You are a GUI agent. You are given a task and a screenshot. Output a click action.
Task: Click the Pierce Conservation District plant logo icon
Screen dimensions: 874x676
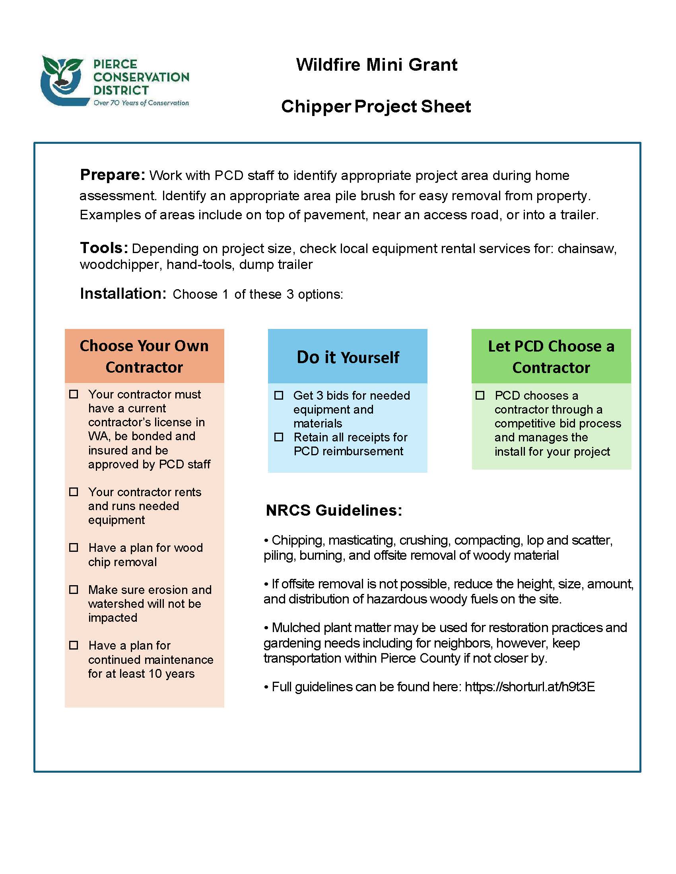coord(63,80)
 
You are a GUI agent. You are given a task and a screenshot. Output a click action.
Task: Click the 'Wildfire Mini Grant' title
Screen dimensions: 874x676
coord(377,65)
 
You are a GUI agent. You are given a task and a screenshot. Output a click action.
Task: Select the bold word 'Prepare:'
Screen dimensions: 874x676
coord(113,175)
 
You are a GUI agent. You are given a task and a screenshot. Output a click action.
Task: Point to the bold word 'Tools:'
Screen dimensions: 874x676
coord(104,248)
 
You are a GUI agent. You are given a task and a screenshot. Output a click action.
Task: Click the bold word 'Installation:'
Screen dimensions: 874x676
coord(123,294)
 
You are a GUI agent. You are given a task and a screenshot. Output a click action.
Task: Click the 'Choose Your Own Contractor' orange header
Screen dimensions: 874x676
coord(144,356)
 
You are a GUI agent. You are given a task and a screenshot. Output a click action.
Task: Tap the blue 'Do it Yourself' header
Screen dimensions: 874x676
coord(348,357)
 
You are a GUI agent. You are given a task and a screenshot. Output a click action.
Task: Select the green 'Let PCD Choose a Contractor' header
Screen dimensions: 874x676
coord(551,357)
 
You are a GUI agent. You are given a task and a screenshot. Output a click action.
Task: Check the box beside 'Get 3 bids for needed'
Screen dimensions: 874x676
coord(279,395)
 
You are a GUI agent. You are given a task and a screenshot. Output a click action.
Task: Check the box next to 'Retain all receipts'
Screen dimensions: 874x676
coord(279,437)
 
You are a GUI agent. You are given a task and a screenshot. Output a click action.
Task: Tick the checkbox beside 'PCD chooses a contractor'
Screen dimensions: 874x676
coord(480,395)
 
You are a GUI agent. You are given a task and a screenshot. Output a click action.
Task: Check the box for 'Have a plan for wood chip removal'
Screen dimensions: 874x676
coord(74,547)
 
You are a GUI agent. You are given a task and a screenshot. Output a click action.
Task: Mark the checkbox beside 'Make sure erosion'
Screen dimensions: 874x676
coord(74,590)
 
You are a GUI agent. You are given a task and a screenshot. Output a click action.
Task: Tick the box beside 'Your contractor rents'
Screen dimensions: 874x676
coord(74,492)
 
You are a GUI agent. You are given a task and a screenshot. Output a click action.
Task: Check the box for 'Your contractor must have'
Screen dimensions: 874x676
coord(74,394)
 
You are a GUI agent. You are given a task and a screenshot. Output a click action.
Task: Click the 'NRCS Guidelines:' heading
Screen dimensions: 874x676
coord(334,510)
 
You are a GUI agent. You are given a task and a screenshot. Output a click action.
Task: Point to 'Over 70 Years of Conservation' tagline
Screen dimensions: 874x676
coord(141,103)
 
